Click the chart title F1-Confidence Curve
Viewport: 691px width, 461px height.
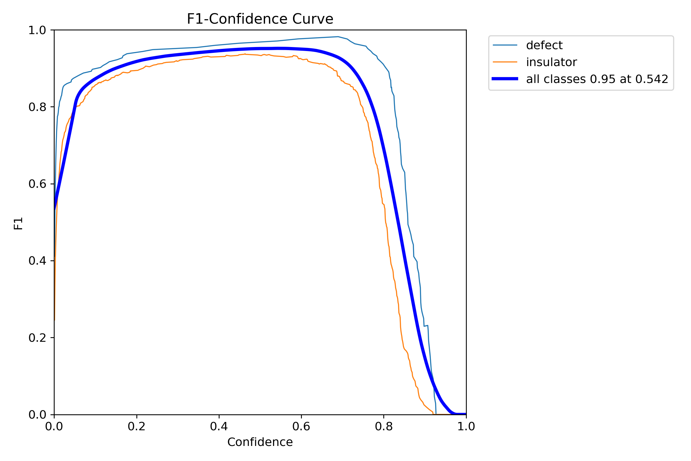click(x=260, y=19)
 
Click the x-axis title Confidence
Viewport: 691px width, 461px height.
click(x=260, y=442)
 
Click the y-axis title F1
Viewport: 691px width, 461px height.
click(x=18, y=223)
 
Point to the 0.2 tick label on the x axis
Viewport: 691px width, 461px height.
click(x=136, y=427)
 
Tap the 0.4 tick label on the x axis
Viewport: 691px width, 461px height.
click(x=219, y=427)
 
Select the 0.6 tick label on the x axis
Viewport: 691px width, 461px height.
click(x=301, y=427)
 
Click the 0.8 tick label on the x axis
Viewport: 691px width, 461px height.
click(x=384, y=427)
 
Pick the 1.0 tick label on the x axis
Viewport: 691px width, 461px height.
click(x=466, y=427)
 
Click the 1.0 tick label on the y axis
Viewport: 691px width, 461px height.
click(x=37, y=30)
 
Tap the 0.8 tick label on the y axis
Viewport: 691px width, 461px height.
click(x=37, y=107)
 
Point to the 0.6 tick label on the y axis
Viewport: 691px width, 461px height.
click(x=37, y=184)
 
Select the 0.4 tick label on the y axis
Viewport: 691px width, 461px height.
click(x=37, y=261)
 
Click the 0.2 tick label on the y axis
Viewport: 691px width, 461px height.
click(x=37, y=338)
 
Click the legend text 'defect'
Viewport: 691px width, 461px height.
click(x=544, y=45)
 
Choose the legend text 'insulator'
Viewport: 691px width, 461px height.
click(x=551, y=62)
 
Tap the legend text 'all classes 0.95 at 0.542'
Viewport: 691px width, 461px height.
click(x=597, y=79)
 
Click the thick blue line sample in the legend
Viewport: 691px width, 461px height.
click(x=505, y=79)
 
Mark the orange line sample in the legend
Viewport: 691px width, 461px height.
click(x=505, y=62)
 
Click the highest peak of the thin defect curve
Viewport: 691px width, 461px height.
click(x=338, y=37)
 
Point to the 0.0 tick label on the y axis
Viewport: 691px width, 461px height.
click(x=37, y=415)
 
